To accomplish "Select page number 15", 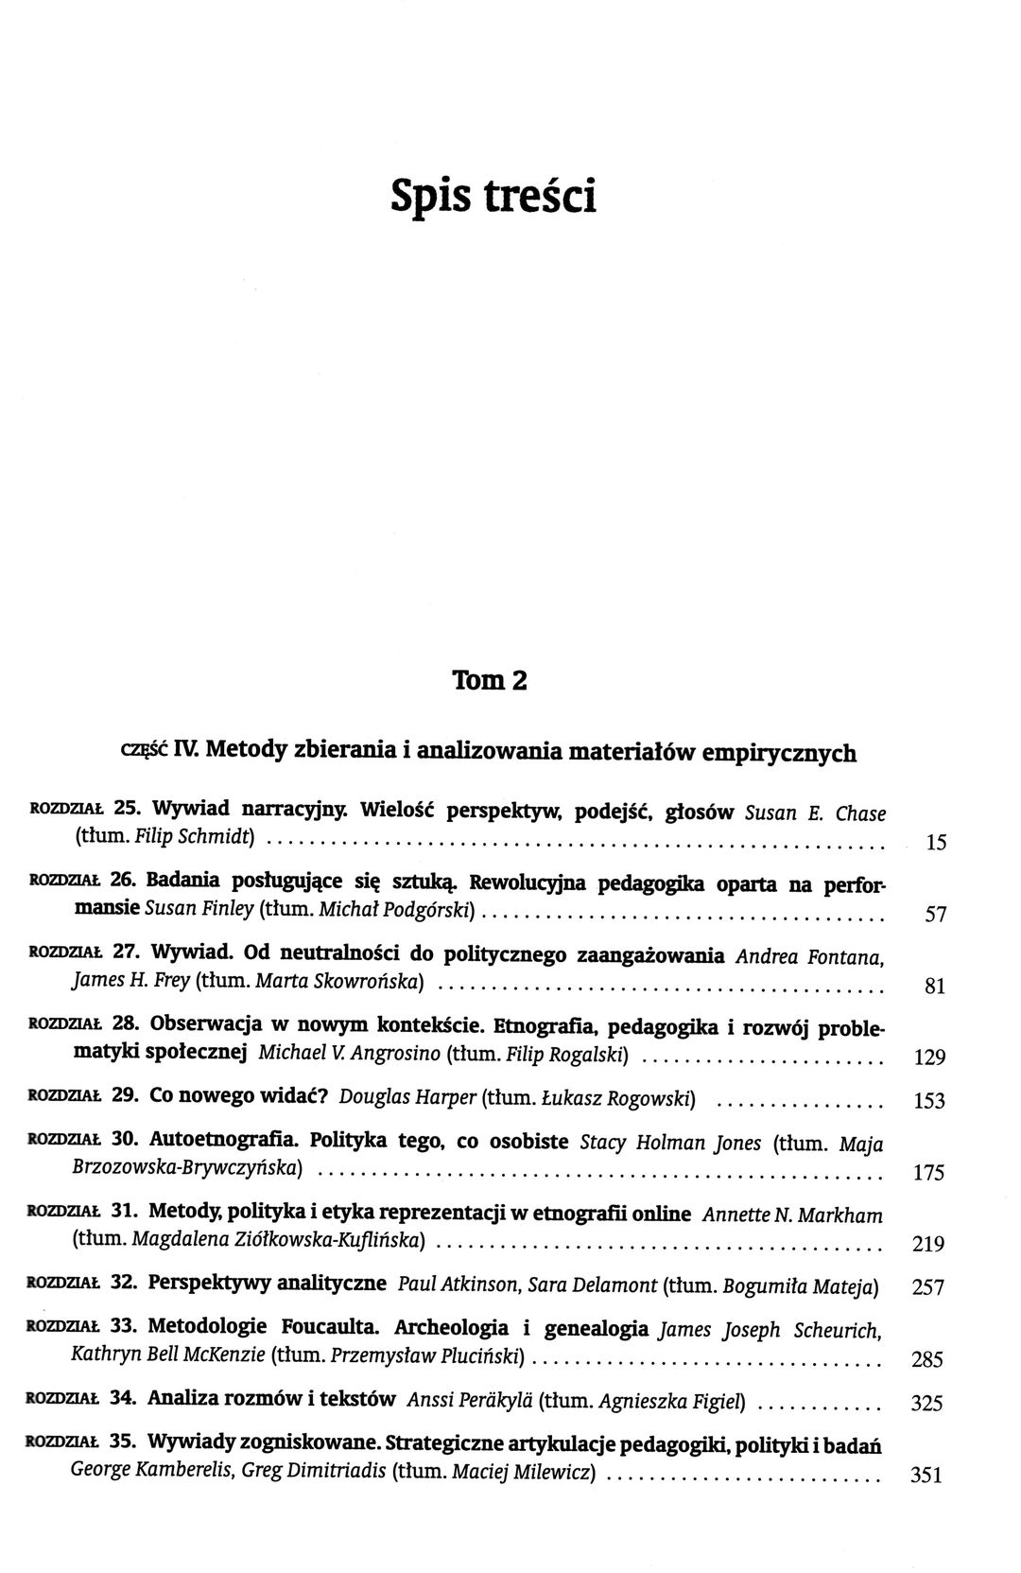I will coord(936,843).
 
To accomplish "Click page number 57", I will coord(934,915).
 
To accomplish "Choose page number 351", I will coord(926,1475).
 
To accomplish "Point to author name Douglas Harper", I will coord(407,1098).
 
